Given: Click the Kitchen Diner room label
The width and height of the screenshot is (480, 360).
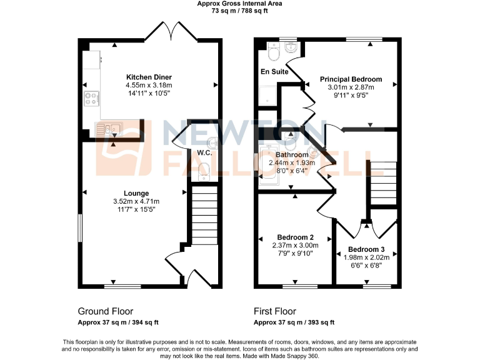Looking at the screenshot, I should pyautogui.click(x=149, y=77).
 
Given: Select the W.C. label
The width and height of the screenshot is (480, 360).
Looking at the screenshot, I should pyautogui.click(x=205, y=153).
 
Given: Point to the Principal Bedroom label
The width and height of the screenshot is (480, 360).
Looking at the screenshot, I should pyautogui.click(x=351, y=79).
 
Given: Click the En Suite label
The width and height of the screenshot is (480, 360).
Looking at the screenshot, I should pyautogui.click(x=274, y=72).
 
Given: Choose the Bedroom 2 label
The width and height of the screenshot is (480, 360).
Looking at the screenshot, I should pyautogui.click(x=295, y=237).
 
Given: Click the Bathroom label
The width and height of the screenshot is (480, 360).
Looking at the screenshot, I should pyautogui.click(x=292, y=155).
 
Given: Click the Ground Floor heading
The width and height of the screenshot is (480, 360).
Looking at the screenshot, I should pyautogui.click(x=105, y=311).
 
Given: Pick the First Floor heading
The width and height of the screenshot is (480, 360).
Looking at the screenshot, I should pyautogui.click(x=275, y=311).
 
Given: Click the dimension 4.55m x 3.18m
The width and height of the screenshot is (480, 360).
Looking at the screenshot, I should pyautogui.click(x=149, y=85).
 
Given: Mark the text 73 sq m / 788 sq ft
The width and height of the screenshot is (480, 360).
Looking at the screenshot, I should pyautogui.click(x=240, y=10).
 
